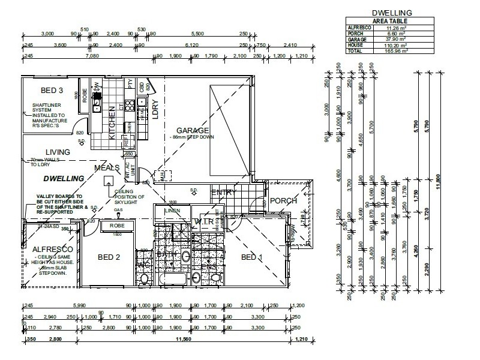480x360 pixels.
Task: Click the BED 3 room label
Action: pos(52,91)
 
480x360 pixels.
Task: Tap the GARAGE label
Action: pos(193,130)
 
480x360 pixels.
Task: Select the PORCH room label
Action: pos(283,201)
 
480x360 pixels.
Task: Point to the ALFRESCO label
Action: pos(53,249)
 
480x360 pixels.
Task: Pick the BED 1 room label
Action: pos(252,257)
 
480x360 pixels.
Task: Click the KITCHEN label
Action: pos(112,124)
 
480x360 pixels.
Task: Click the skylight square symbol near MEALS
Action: pos(108,181)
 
